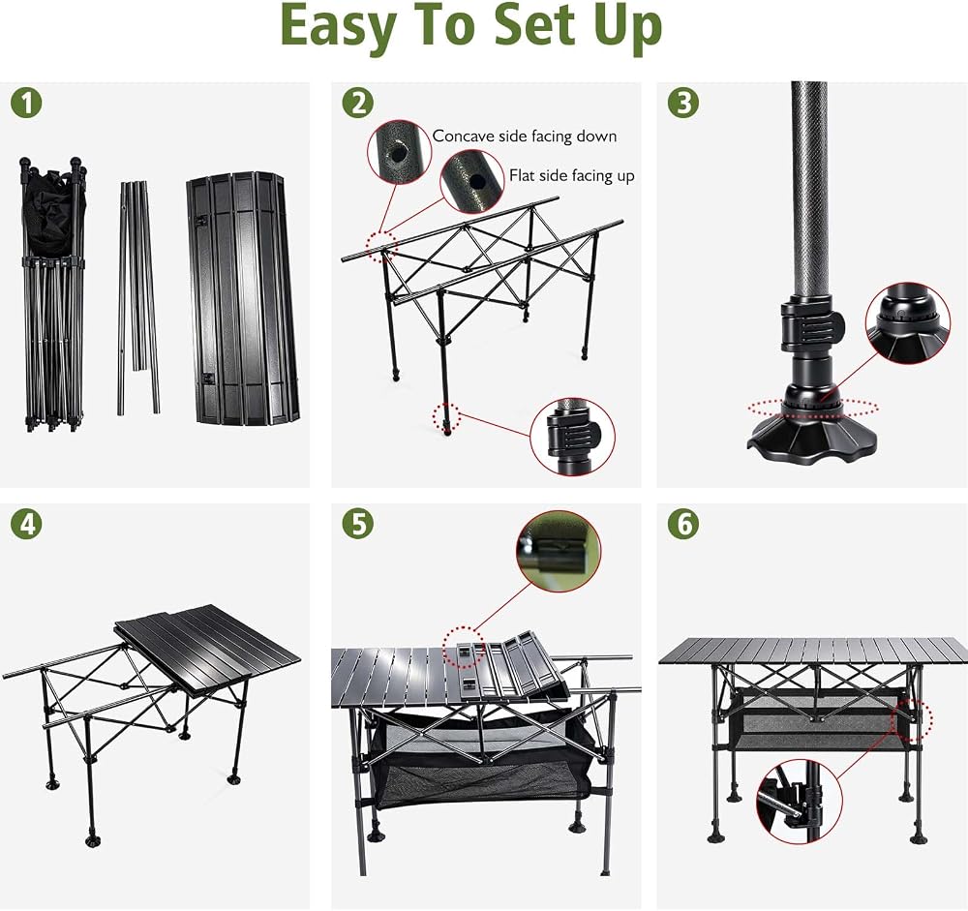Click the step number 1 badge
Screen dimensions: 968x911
tap(26, 103)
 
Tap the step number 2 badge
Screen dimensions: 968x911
tap(358, 103)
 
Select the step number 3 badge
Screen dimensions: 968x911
tap(682, 103)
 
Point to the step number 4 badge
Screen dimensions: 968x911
tap(26, 524)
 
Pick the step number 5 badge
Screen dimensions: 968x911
tap(358, 524)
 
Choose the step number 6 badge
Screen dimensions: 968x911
tap(682, 524)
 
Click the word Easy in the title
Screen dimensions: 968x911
tap(338, 26)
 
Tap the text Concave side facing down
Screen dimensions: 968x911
tap(524, 137)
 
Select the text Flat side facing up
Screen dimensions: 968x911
tap(572, 176)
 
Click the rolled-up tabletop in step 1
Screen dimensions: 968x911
tap(242, 298)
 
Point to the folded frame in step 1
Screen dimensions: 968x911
tap(53, 294)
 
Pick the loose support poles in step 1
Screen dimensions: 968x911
tap(138, 297)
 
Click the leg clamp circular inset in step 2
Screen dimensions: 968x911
tap(572, 437)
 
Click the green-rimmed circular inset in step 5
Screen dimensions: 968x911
tap(559, 551)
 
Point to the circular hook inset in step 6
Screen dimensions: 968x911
tap(800, 801)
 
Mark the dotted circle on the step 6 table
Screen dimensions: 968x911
tap(912, 720)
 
